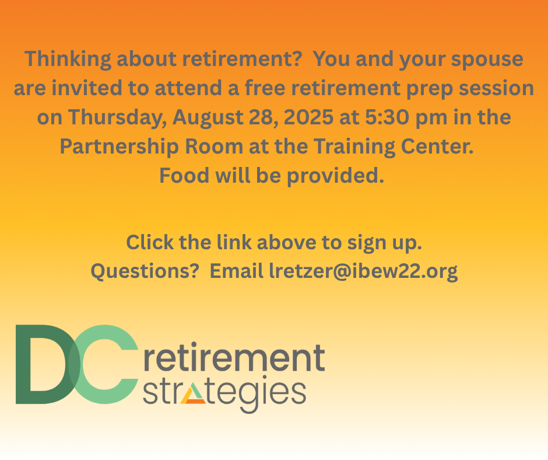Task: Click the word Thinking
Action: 68,59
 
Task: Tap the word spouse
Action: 487,60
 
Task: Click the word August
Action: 208,117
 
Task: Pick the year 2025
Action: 308,117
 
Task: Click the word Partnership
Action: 119,147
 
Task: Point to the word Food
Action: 184,175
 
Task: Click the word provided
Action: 336,176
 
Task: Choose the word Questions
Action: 145,271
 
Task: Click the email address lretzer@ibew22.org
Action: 363,271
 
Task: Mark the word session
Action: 496,88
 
